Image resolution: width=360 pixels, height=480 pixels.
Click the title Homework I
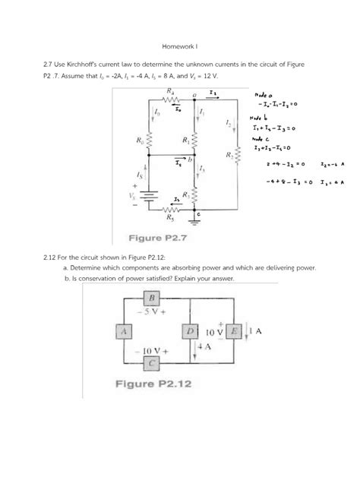179,47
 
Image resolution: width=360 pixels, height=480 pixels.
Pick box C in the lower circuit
153,362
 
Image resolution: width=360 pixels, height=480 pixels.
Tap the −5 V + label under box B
153,311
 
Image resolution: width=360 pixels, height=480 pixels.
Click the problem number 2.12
102,258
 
